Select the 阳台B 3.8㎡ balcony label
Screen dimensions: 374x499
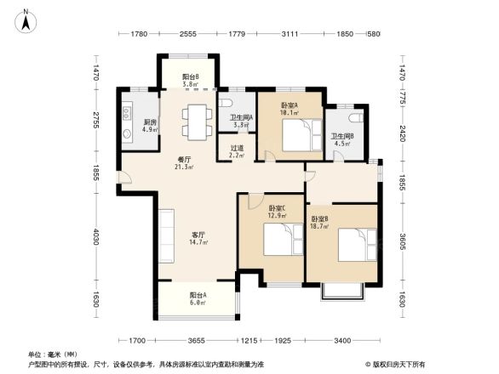pyautogui.click(x=191, y=81)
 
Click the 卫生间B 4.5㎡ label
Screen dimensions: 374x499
pyautogui.click(x=343, y=139)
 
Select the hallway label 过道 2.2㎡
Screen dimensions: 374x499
pyautogui.click(x=238, y=151)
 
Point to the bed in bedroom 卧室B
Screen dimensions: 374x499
pyautogui.click(x=358, y=245)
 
